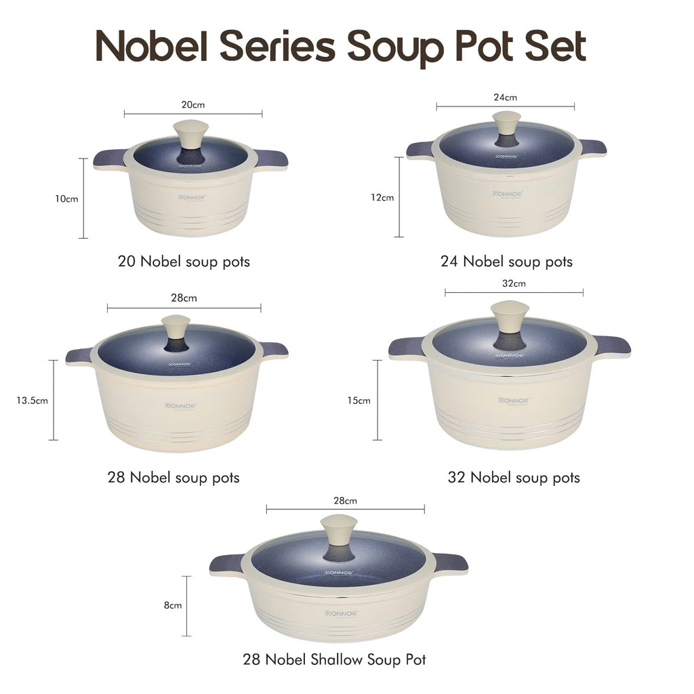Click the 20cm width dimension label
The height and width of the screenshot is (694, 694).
coord(193,105)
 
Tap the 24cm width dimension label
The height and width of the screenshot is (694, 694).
coord(505,97)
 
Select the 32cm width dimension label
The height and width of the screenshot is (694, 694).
coord(514,283)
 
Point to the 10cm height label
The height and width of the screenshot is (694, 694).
coord(66,199)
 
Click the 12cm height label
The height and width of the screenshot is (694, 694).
coord(382,198)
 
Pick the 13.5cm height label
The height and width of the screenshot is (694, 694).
coord(33,400)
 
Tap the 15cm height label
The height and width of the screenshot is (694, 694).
coord(359,400)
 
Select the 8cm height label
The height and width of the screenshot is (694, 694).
coord(173,606)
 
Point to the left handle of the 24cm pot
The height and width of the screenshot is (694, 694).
coord(420,149)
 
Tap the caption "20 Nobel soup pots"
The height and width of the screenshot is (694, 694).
coord(184,262)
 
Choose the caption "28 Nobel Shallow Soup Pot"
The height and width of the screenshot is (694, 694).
coord(334,659)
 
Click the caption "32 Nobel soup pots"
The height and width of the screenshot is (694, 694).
coord(514,477)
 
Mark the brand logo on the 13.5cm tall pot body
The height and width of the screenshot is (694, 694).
coord(180,406)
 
